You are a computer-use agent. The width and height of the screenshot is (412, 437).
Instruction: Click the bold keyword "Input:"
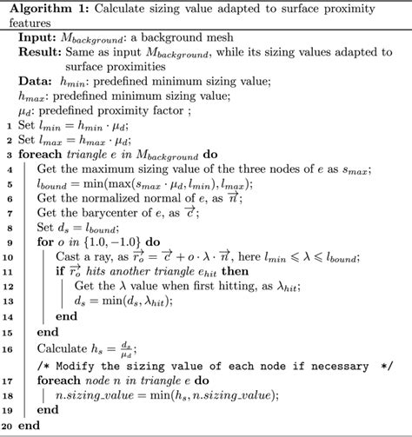pos(37,40)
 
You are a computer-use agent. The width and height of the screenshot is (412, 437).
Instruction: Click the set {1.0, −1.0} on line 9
pos(114,242)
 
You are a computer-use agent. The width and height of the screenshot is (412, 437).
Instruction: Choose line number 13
pos(7,301)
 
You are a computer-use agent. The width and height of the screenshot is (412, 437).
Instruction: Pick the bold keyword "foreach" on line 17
pos(56,379)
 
